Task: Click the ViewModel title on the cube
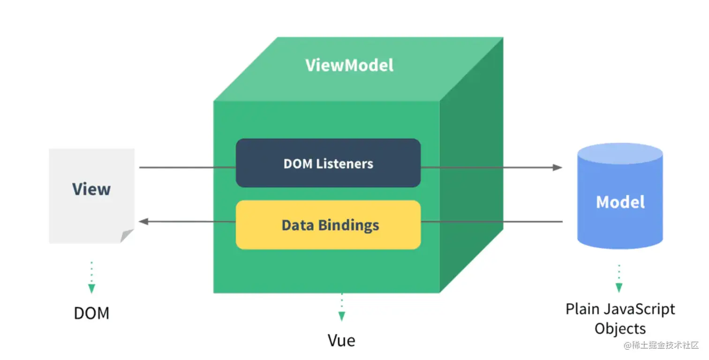point(349,65)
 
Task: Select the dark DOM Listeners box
point(328,163)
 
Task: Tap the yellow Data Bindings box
point(328,225)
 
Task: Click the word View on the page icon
point(91,189)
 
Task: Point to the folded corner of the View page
point(127,236)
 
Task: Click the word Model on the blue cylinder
point(620,202)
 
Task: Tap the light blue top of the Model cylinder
point(620,154)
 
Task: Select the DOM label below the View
point(91,313)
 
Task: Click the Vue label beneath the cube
point(341,340)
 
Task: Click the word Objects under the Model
point(620,329)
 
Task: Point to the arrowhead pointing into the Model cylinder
point(557,167)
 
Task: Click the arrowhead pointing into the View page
point(144,221)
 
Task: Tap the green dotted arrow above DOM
point(91,279)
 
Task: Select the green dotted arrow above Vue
point(341,308)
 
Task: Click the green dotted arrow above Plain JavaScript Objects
point(619,279)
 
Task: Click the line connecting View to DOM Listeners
point(188,167)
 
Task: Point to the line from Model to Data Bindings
point(492,221)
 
